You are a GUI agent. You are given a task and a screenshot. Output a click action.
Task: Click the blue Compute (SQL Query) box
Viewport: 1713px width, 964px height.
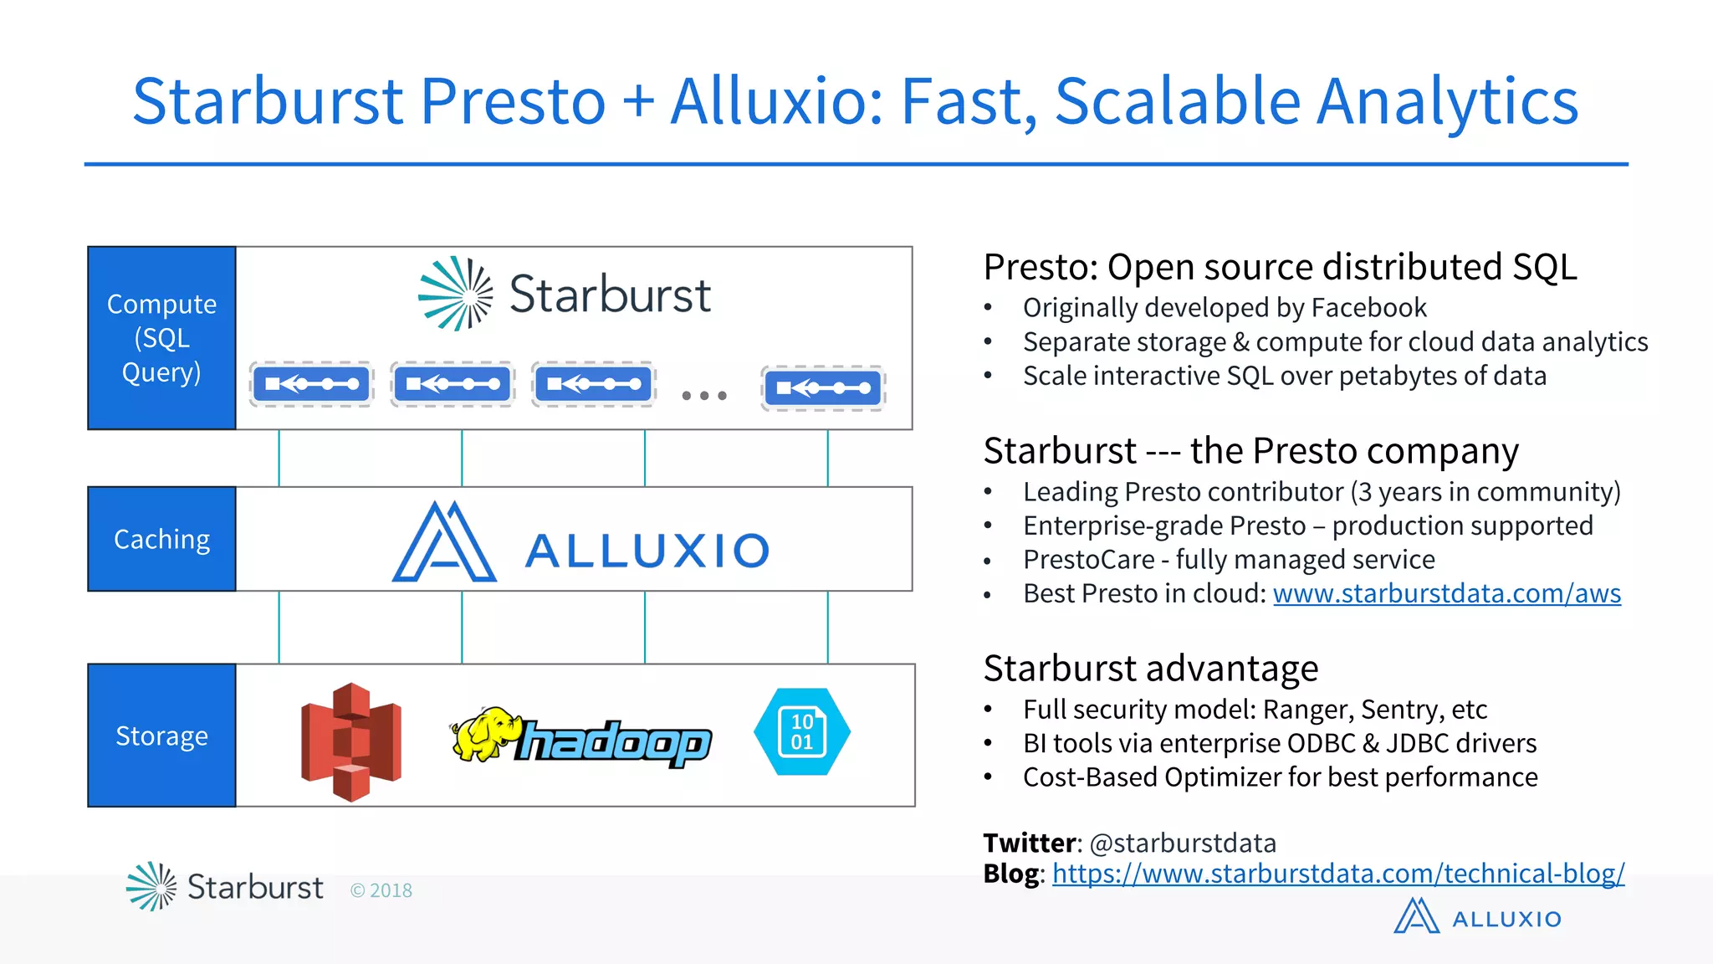click(x=161, y=338)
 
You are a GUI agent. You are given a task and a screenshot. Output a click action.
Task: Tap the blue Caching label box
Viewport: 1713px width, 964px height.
click(x=161, y=539)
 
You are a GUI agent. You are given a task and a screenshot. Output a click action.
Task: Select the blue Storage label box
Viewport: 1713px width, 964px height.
click(x=161, y=736)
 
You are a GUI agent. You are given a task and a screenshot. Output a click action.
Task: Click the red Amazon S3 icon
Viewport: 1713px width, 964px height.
click(x=351, y=741)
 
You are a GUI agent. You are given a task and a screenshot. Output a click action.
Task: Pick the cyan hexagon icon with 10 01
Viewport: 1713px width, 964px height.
click(x=802, y=732)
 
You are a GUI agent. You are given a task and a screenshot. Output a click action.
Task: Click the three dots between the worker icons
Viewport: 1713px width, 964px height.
click(x=704, y=395)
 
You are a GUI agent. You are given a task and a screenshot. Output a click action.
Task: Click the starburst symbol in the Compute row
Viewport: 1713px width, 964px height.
click(x=455, y=294)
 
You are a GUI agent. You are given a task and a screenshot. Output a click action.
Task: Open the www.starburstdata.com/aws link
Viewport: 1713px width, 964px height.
click(x=1446, y=593)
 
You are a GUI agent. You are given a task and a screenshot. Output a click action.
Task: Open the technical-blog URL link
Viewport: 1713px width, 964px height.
click(x=1338, y=874)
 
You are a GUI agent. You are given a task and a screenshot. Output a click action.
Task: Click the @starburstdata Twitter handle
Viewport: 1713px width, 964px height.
click(x=1183, y=843)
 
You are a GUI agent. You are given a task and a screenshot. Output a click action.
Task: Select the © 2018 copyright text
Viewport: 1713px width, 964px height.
click(x=381, y=890)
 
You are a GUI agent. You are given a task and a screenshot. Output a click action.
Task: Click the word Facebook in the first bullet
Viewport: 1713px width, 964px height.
click(x=1368, y=308)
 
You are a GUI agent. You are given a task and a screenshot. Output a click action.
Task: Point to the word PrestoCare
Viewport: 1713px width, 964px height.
click(x=1088, y=559)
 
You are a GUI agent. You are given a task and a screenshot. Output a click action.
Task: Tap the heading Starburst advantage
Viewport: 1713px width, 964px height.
click(x=1151, y=669)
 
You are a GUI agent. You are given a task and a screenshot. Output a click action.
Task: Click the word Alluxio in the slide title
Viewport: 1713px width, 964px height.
click(x=775, y=101)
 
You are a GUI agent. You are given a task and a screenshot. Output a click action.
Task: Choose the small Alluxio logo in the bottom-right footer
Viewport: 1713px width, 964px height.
click(x=1477, y=917)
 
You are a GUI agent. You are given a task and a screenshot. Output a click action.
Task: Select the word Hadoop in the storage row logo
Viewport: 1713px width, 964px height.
click(x=614, y=743)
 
